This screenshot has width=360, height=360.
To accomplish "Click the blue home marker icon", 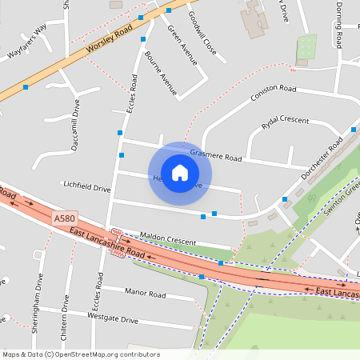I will point(180,173).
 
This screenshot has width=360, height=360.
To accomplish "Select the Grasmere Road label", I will point(215,154).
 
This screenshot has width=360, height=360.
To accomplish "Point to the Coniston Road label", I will point(274,93).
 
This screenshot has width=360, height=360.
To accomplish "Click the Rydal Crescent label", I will point(285,121).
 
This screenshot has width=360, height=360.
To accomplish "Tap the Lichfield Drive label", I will point(86,188).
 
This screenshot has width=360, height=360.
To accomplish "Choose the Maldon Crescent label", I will point(167,238).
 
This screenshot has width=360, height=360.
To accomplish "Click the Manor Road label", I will point(145,294).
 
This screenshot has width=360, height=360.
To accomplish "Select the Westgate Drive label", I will point(112,318).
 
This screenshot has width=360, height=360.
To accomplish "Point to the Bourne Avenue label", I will point(161,74).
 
